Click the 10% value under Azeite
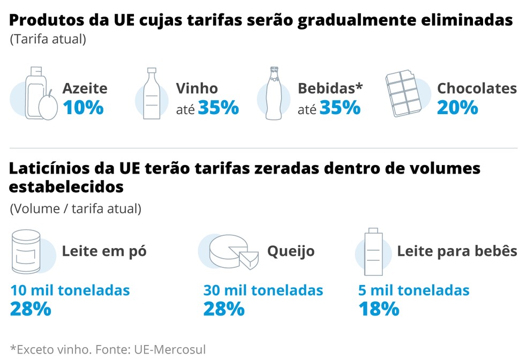pyautogui.click(x=83, y=108)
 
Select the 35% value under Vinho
pyautogui.click(x=218, y=108)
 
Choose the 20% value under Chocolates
pyautogui.click(x=457, y=108)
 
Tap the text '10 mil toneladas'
pyautogui.click(x=70, y=290)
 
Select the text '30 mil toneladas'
pyautogui.click(x=263, y=290)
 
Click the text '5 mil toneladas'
pyautogui.click(x=413, y=290)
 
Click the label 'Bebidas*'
pyautogui.click(x=330, y=88)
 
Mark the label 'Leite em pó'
pyautogui.click(x=104, y=251)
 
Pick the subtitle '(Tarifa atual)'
pyautogui.click(x=48, y=39)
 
